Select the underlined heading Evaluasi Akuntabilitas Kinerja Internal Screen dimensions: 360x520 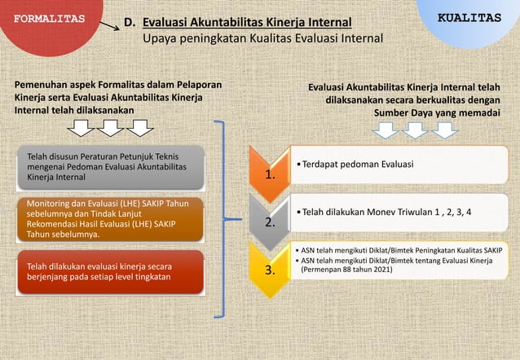pyautogui.click(x=247, y=23)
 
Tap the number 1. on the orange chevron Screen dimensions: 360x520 pyautogui.click(x=270, y=173)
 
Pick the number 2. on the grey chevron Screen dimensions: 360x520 pyautogui.click(x=270, y=221)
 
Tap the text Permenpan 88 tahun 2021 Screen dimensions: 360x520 pyautogui.click(x=346, y=270)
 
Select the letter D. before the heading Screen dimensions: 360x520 pyautogui.click(x=129, y=23)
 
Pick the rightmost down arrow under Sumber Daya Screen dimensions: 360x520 pyautogui.click(x=445, y=130)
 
